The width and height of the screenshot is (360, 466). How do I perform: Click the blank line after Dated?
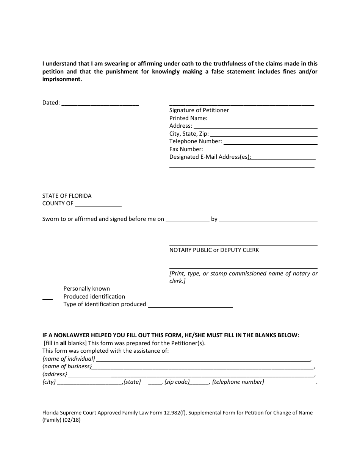(100, 103)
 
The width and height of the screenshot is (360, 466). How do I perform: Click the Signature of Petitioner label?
(199, 110)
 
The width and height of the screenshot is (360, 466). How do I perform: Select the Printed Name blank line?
(263, 119)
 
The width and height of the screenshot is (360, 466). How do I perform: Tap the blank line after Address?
(255, 126)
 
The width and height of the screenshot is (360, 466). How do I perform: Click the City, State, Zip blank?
(263, 134)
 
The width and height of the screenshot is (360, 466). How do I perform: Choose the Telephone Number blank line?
(270, 142)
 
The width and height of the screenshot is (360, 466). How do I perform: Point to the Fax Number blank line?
(261, 150)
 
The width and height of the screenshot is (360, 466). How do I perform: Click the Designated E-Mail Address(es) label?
(210, 157)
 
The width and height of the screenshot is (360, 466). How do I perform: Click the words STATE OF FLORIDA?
(67, 196)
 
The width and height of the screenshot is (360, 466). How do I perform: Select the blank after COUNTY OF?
(98, 204)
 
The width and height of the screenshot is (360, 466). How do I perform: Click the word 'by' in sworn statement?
(214, 219)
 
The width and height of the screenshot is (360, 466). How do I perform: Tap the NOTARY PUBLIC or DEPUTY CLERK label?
(214, 250)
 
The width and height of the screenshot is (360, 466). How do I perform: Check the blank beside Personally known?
(47, 289)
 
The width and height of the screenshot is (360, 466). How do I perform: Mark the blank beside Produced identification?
(47, 297)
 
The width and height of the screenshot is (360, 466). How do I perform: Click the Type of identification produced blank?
(190, 305)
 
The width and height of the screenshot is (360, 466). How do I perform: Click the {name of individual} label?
(69, 359)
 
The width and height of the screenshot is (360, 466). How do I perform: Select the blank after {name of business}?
(203, 367)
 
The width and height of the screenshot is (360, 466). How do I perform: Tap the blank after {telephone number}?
(291, 383)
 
